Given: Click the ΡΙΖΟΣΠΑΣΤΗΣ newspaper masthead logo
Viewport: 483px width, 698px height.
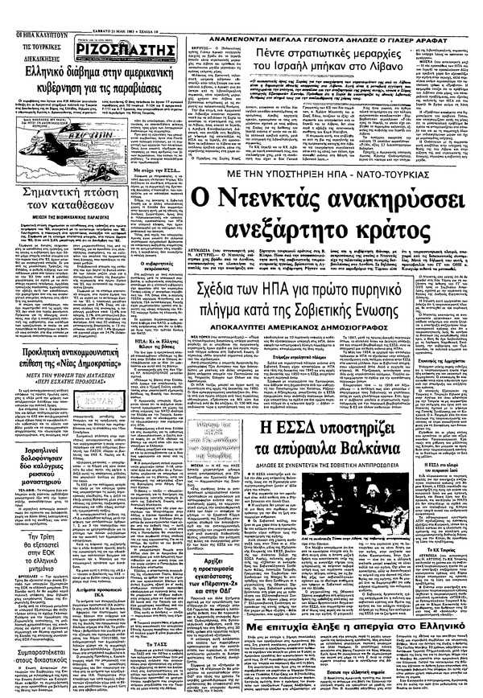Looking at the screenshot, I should tap(129, 55).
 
